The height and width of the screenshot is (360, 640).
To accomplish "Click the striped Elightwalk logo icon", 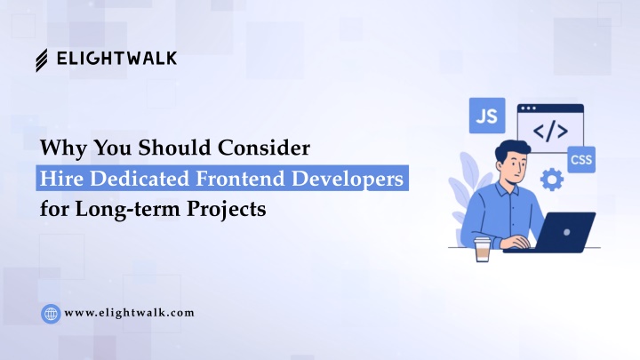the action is [41, 60].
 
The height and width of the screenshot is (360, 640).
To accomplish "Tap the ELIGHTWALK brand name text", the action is [116, 59].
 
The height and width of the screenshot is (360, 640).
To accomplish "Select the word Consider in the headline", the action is [264, 148].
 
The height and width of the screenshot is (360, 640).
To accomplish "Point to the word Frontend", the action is [240, 179].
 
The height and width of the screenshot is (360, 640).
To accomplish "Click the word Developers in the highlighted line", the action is [348, 179].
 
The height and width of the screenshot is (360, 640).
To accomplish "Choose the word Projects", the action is [227, 209].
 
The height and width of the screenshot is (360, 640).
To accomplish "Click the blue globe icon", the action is [51, 314].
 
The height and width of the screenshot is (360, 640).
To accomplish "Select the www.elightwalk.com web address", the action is [130, 313].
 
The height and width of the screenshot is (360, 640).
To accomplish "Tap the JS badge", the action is [487, 116].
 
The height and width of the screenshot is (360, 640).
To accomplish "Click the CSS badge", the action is [581, 159].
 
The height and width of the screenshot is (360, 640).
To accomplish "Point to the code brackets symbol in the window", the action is [550, 132].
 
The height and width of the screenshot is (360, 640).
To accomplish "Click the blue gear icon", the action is [552, 180].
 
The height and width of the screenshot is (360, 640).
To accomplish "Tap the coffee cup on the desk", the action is [482, 250].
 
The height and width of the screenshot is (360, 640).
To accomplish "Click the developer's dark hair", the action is [511, 150].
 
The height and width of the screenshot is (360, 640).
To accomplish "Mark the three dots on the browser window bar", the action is [529, 108].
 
